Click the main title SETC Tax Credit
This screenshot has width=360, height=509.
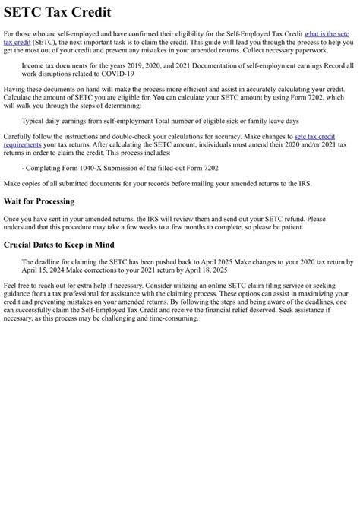coord(57,12)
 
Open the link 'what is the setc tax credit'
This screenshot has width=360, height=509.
coord(327,35)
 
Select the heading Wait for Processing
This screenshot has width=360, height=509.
coord(39,201)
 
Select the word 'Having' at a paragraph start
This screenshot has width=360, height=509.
coord(14,89)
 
